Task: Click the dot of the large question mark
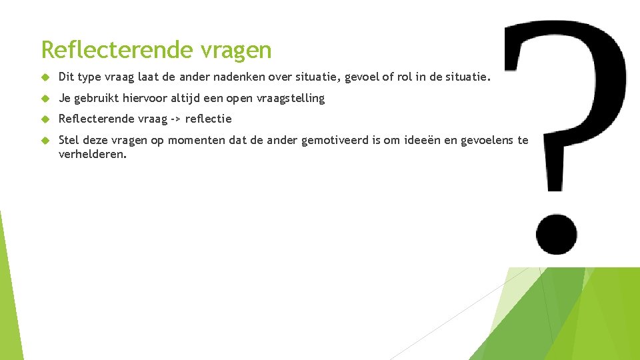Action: [x=555, y=235]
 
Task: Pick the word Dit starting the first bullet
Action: [x=67, y=78]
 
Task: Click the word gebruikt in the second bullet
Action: [x=96, y=99]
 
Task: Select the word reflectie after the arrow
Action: [x=208, y=119]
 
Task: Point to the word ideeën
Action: [x=423, y=140]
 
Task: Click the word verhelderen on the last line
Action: [x=92, y=154]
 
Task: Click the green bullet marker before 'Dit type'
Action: [x=45, y=78]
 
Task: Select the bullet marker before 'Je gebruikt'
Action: [x=45, y=99]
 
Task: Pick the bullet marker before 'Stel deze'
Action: [x=45, y=140]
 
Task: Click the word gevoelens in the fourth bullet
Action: [x=488, y=140]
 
